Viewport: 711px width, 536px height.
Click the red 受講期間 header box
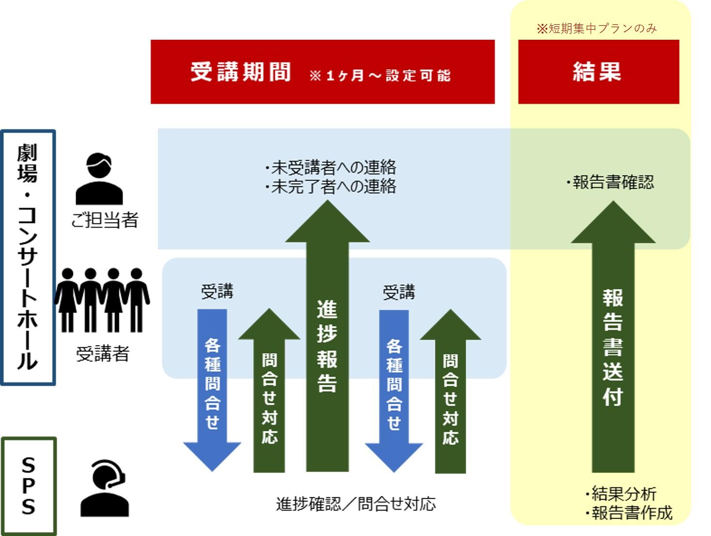coord(322,72)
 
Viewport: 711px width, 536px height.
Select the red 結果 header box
coord(598,72)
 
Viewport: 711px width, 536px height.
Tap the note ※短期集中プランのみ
coord(597,29)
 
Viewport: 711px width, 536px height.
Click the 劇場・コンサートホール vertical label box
coord(28,257)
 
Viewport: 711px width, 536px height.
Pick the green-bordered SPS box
coord(29,486)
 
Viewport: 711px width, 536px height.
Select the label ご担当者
coord(105,221)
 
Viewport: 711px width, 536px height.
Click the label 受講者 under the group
coord(103,354)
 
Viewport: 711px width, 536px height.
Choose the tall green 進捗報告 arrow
coord(327,339)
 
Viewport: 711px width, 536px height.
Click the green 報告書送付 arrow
coord(613,339)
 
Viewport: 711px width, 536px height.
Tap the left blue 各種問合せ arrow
coord(212,388)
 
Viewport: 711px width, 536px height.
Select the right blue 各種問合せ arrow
coord(394,388)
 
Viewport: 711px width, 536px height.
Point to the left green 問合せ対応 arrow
coord(269,393)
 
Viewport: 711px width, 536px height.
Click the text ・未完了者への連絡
coord(331,187)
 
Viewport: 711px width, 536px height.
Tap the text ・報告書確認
coord(610,182)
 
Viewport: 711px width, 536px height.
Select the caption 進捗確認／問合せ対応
coord(356,504)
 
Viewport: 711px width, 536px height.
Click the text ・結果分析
coord(620,494)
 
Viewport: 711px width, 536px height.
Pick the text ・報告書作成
coord(629,513)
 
